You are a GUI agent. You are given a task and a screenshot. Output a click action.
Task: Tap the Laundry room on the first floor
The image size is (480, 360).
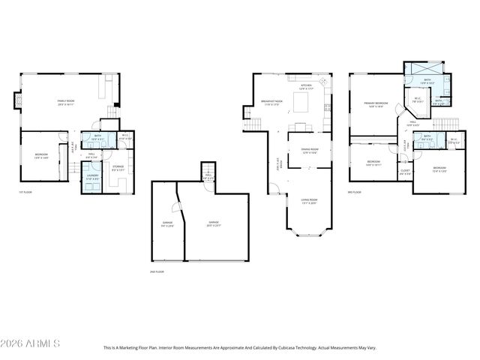tap(91, 179)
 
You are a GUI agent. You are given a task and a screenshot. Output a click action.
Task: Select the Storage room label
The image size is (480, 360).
tap(118, 169)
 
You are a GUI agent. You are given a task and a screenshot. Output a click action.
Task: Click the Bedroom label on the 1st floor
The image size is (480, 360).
tap(40, 155)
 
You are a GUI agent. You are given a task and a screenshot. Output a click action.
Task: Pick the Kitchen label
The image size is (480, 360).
tap(306, 87)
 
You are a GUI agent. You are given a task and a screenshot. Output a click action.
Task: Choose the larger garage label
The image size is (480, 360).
tap(214, 223)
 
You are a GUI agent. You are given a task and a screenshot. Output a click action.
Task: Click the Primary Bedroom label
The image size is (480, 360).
tap(376, 103)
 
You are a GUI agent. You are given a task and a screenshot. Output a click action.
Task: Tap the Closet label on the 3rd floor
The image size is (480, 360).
tap(405, 171)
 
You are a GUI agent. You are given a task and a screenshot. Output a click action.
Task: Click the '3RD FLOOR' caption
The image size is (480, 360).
tap(355, 192)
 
